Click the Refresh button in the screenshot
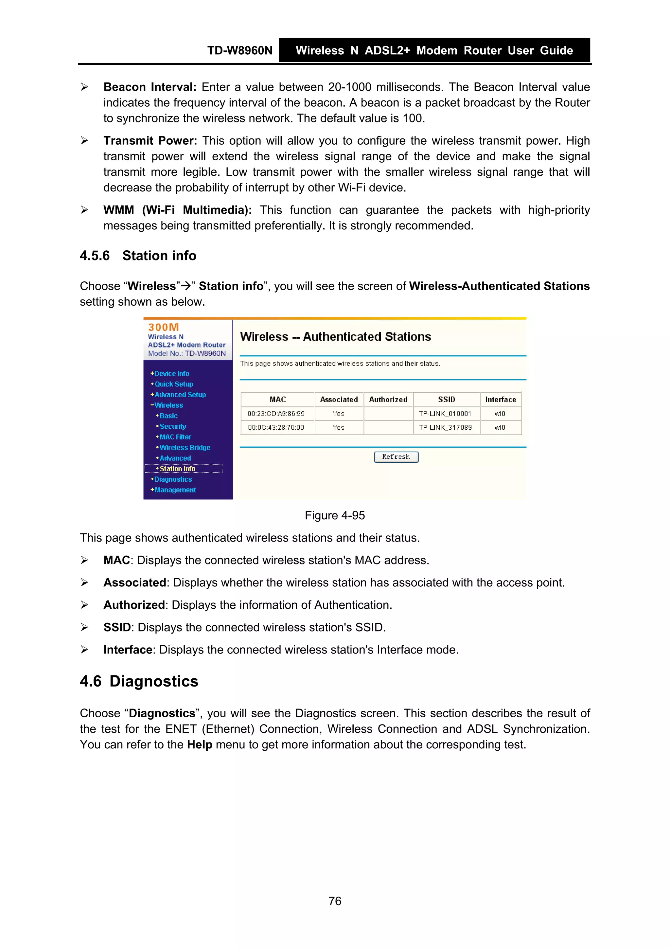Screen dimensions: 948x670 pyautogui.click(x=396, y=457)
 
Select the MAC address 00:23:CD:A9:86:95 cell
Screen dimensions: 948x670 pyautogui.click(x=276, y=413)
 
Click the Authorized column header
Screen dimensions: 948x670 pyautogui.click(x=388, y=399)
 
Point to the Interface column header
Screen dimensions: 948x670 pyautogui.click(x=500, y=399)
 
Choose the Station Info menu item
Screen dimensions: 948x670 pyautogui.click(x=177, y=469)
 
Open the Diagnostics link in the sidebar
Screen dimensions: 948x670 pyautogui.click(x=173, y=479)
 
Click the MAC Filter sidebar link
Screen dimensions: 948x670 pyautogui.click(x=175, y=437)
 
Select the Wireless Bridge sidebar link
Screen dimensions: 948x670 pyautogui.click(x=185, y=448)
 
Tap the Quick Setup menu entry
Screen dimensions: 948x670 pyautogui.click(x=173, y=384)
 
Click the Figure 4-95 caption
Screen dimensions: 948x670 pyautogui.click(x=334, y=515)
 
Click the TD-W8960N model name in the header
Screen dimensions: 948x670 pyautogui.click(x=239, y=50)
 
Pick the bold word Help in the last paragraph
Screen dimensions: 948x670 pyautogui.click(x=199, y=744)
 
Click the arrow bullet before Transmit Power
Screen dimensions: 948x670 pyautogui.click(x=85, y=141)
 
